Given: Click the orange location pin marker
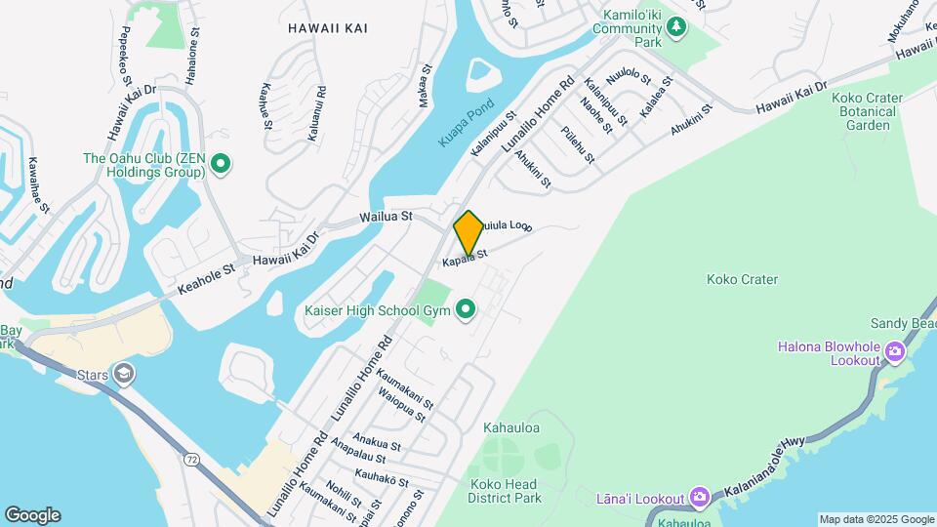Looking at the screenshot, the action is tap(468, 233).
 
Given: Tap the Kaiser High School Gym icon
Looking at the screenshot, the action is tap(467, 310).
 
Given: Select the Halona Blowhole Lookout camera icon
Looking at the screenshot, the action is tap(895, 348).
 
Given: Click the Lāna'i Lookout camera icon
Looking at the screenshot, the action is tap(699, 497).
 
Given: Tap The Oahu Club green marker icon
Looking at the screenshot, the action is tap(221, 164).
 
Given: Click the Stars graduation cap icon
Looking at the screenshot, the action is tap(123, 373).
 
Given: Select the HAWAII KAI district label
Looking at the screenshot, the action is tap(328, 28).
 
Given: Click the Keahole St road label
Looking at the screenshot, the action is tap(206, 277).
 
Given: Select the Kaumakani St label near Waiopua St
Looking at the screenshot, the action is tap(405, 384).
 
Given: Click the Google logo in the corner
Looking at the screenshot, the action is tap(32, 514).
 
